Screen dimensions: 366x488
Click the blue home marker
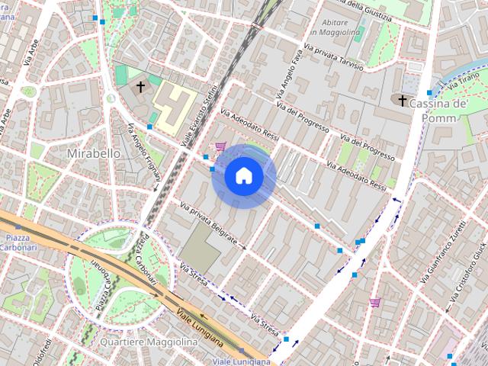[244, 176]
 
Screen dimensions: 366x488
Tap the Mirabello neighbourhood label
[94, 153]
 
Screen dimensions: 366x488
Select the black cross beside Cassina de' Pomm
[403, 100]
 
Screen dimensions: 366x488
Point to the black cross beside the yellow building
[140, 87]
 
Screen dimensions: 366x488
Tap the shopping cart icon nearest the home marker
[220, 146]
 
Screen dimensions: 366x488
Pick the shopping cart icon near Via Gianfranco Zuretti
[374, 302]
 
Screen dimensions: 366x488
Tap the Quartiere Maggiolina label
[149, 342]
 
